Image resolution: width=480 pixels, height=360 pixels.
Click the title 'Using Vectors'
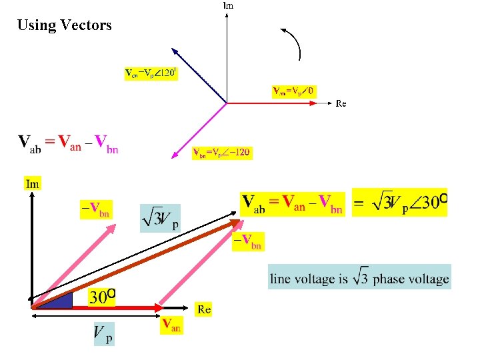[x=65, y=25]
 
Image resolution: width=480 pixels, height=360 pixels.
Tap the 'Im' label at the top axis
[x=228, y=5]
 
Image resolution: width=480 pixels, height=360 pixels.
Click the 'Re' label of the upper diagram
[x=341, y=103]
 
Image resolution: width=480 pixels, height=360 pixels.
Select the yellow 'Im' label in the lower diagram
[x=33, y=183]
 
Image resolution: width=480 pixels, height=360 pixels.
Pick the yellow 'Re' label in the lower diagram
[x=204, y=309]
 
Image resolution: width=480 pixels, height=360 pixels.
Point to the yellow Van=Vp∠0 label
[x=294, y=91]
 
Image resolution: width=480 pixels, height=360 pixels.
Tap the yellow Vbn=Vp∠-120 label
[x=221, y=153]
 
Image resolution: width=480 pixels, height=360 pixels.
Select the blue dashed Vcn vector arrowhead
[x=175, y=51]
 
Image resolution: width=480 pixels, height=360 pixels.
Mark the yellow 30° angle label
[x=103, y=296]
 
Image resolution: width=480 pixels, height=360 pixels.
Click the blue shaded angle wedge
[x=62, y=301]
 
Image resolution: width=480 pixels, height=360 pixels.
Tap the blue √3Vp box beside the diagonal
[x=160, y=218]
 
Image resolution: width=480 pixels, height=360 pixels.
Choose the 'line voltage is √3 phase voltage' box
[x=359, y=277]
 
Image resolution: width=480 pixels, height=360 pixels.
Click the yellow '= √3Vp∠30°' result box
[x=399, y=202]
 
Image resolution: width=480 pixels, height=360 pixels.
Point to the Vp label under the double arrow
[x=103, y=333]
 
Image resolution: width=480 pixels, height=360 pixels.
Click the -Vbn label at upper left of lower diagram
[x=95, y=209]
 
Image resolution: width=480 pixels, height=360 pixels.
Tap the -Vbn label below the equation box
[x=248, y=241]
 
